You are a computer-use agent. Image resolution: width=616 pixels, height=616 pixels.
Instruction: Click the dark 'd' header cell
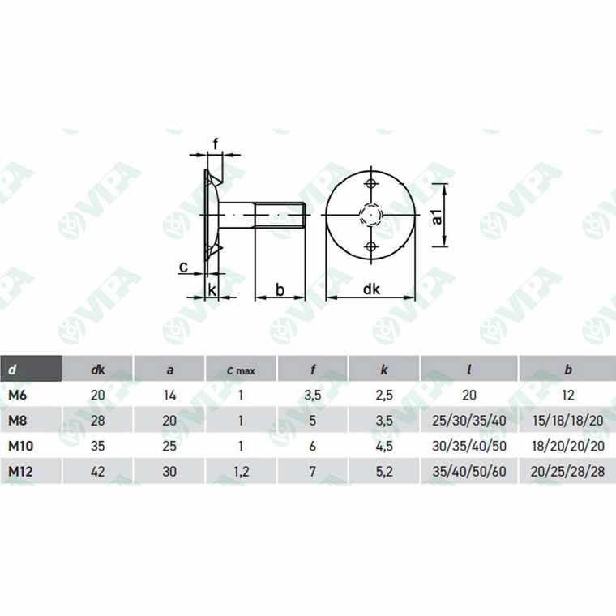click(31, 370)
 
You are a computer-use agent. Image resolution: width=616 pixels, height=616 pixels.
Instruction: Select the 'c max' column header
click(241, 370)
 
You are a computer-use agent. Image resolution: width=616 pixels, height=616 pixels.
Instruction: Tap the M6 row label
click(18, 395)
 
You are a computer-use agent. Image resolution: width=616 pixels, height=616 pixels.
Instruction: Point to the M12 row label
click(20, 469)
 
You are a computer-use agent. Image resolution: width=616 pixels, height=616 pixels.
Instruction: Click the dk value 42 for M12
click(97, 469)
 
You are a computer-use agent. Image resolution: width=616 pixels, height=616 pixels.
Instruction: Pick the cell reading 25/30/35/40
click(469, 420)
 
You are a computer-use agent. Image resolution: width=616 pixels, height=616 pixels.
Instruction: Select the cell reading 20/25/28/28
click(567, 469)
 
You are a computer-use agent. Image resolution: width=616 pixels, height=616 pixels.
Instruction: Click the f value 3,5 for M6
click(313, 395)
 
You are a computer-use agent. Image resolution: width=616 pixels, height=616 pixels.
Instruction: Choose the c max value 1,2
click(241, 469)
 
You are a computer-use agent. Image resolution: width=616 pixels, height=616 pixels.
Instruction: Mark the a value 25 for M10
click(169, 445)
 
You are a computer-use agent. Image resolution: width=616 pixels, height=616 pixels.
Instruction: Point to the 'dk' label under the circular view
click(371, 289)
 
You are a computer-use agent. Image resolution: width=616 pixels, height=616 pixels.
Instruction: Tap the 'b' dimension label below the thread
click(280, 289)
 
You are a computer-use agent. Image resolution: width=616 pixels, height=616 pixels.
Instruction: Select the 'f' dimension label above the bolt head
click(215, 145)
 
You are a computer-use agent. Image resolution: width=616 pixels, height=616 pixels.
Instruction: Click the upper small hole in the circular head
click(371, 184)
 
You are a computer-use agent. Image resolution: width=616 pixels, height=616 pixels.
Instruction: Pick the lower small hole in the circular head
click(371, 246)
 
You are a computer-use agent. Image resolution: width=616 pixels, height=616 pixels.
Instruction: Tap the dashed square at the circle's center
click(371, 215)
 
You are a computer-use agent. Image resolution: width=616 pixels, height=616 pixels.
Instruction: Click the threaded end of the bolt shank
click(280, 215)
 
